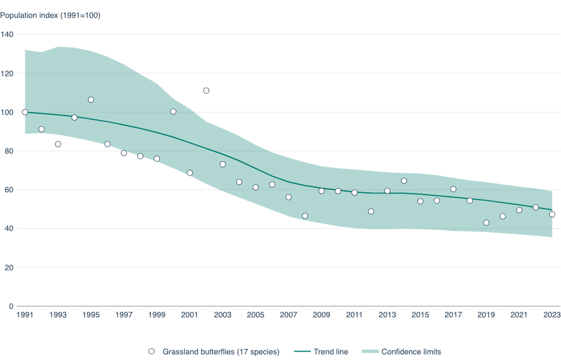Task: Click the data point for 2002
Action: (206, 90)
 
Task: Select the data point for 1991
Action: (25, 112)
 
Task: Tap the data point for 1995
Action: (91, 100)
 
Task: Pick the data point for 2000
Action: (173, 112)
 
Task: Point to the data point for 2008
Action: (305, 216)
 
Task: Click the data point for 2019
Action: (486, 223)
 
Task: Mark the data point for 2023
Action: (552, 214)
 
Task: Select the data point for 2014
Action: (404, 181)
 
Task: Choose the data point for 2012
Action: (371, 211)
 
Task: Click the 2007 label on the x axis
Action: (288, 315)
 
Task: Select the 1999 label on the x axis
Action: (157, 315)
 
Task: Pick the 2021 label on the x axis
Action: (519, 315)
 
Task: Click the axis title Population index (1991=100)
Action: (50, 15)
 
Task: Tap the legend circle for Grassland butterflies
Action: (151, 352)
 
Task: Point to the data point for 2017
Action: (453, 189)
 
